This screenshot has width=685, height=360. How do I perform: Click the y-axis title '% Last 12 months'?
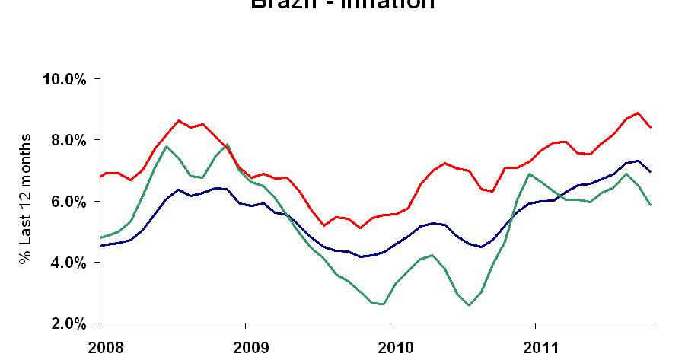click(27, 199)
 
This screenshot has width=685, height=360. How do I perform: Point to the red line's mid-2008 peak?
click(178, 120)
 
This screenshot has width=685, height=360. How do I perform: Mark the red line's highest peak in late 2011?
click(638, 113)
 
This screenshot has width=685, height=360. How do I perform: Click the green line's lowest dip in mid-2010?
click(469, 305)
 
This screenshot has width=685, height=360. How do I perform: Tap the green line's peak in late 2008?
click(227, 145)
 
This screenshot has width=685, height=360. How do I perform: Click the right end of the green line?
click(650, 205)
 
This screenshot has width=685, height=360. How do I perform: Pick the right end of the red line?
click(650, 127)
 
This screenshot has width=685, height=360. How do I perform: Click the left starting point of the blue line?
click(100, 246)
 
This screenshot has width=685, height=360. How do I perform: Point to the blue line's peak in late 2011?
click(638, 161)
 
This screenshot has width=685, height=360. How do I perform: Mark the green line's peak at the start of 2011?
click(530, 174)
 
